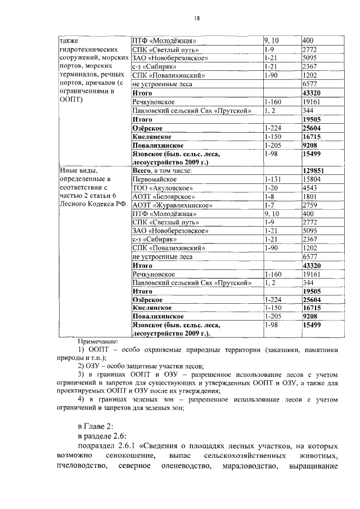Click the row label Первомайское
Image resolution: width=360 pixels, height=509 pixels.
(x=153, y=178)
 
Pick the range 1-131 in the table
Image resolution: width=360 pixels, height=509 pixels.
(x=272, y=178)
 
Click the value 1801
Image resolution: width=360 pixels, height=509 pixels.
(x=310, y=196)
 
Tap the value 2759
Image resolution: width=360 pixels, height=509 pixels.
(x=310, y=205)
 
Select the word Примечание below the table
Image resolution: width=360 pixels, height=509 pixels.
(x=98, y=341)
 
